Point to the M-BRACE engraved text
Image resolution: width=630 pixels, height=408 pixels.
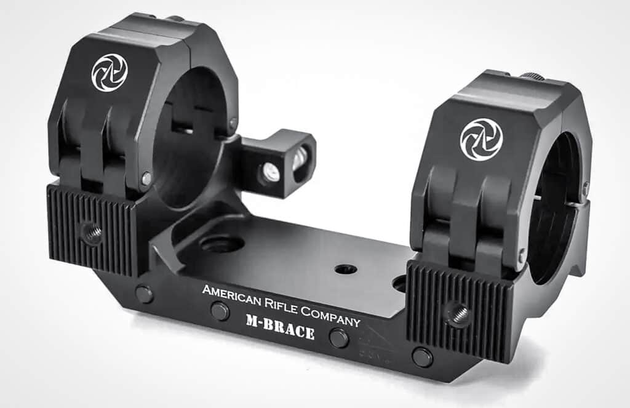280,326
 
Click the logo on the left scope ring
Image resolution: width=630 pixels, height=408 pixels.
110,73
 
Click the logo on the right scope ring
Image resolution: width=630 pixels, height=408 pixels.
481,139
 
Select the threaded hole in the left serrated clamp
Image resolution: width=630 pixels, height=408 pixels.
91,233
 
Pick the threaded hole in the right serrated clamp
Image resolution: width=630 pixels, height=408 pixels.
458,314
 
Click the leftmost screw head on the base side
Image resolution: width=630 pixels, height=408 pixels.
144,294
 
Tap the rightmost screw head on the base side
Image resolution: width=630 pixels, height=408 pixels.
422,356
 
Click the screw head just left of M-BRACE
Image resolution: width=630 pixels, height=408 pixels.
220,311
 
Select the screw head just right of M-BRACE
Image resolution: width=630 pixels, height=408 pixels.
339,338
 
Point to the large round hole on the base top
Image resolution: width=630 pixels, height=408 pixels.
221,244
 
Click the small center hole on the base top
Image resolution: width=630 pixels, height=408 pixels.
345,269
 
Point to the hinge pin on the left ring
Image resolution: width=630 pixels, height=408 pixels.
146,178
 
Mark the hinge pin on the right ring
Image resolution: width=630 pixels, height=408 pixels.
522,254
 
